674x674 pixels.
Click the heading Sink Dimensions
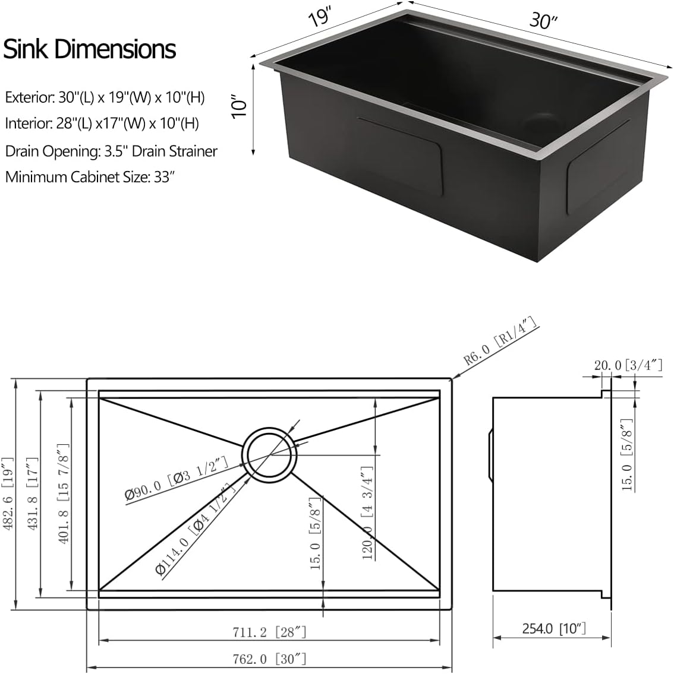click(x=90, y=49)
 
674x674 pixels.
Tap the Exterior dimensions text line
click(x=105, y=97)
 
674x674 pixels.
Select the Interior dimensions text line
click(x=102, y=124)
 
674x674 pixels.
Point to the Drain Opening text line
click(x=111, y=151)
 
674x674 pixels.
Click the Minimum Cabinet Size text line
click(x=90, y=176)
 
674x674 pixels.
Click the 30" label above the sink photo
click(x=543, y=21)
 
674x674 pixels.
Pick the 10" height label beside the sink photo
click(x=239, y=107)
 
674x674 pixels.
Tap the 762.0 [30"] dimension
click(x=270, y=658)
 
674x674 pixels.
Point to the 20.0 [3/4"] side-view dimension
click(x=628, y=366)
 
